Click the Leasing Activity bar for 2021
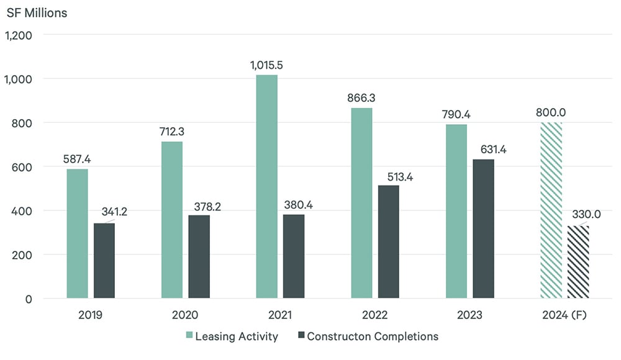pyautogui.click(x=266, y=186)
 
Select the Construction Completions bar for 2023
pyautogui.click(x=483, y=229)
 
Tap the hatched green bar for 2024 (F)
pyautogui.click(x=551, y=210)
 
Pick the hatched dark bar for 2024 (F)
pyautogui.click(x=578, y=262)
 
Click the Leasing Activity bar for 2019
pyautogui.click(x=77, y=233)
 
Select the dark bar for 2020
pyautogui.click(x=199, y=257)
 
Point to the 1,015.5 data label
pyautogui.click(x=267, y=64)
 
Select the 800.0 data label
pyautogui.click(x=551, y=112)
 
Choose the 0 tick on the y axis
pyautogui.click(x=29, y=299)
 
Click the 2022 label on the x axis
pyautogui.click(x=374, y=315)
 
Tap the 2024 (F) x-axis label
pyautogui.click(x=564, y=315)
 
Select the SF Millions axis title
pyautogui.click(x=37, y=12)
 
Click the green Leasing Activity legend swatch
pyautogui.click(x=189, y=336)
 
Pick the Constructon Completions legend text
pyautogui.click(x=373, y=336)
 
